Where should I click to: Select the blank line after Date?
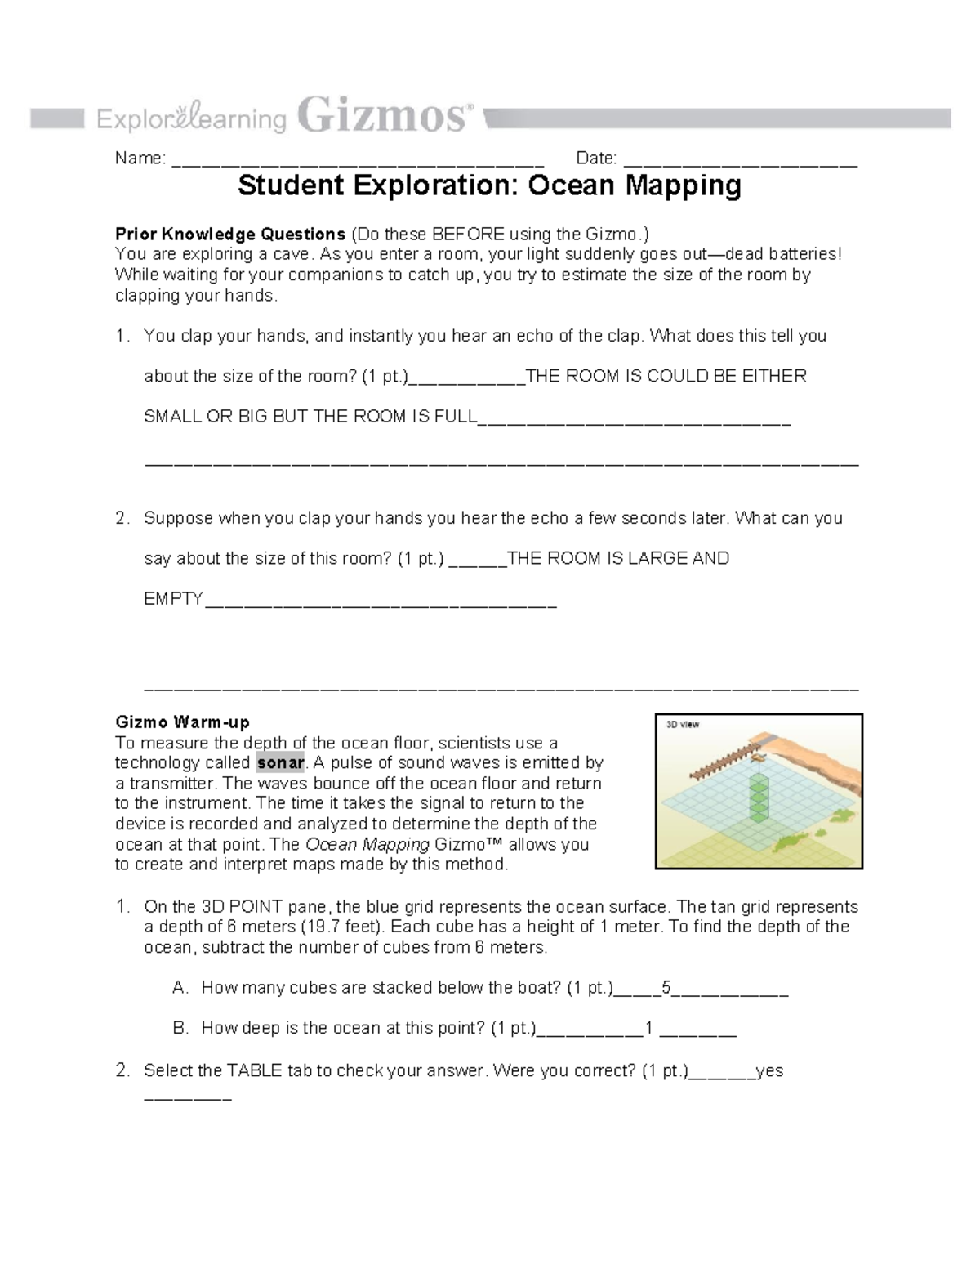tap(739, 161)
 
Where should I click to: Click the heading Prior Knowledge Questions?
tap(230, 235)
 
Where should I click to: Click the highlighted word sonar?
tap(280, 763)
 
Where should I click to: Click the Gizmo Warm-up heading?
tap(182, 722)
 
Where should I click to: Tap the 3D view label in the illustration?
tap(683, 725)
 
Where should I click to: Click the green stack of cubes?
tap(759, 797)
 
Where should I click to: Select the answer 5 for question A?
tap(666, 988)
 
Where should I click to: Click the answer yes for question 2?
tap(769, 1070)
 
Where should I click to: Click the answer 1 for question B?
tap(649, 1028)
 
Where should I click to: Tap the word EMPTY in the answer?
tap(173, 599)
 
